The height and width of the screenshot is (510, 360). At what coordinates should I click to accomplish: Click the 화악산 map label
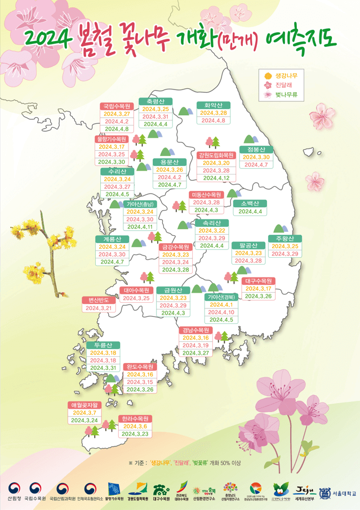[x=214, y=105]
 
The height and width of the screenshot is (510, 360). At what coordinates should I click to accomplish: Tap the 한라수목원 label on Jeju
[x=135, y=419]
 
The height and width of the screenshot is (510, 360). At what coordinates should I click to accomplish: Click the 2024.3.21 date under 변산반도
[x=99, y=308]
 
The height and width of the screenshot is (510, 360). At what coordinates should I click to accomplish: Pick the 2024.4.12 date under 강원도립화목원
[x=216, y=178]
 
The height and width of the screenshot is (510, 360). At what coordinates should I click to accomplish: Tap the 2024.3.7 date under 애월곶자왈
[x=85, y=413]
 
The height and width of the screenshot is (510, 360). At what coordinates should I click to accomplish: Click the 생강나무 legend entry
[x=287, y=75]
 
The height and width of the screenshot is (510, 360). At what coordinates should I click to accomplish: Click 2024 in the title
[x=48, y=38]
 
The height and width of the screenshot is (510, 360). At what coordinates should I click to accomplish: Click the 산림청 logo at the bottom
[x=11, y=492]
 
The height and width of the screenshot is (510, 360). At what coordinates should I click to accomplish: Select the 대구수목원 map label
[x=259, y=280]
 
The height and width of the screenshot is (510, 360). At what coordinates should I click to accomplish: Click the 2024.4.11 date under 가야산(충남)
[x=140, y=227]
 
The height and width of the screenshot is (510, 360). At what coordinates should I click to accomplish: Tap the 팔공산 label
[x=248, y=245]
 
